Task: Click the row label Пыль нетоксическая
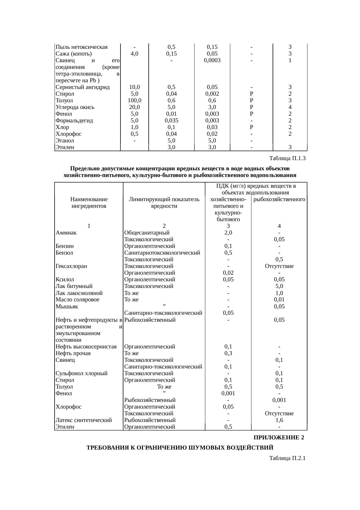[82, 47]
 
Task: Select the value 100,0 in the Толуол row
[134, 101]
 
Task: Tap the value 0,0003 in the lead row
[212, 60]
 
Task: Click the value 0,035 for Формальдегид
[171, 121]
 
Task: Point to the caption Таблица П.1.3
[287, 158]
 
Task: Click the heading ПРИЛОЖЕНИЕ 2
[279, 438]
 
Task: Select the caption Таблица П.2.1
[287, 458]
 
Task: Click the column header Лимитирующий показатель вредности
[164, 203]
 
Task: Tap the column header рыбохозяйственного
[279, 200]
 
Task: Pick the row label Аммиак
[66, 233]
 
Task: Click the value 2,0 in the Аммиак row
[228, 233]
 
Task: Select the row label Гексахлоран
[71, 266]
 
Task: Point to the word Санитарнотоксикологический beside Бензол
[162, 253]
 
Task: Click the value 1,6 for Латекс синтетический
[279, 420]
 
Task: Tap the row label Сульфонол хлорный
[82, 373]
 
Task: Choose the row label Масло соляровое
[78, 300]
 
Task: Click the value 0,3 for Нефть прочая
[228, 353]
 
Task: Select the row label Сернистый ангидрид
[83, 87]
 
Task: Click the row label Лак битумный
[74, 286]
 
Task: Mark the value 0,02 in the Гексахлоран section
[228, 273]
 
